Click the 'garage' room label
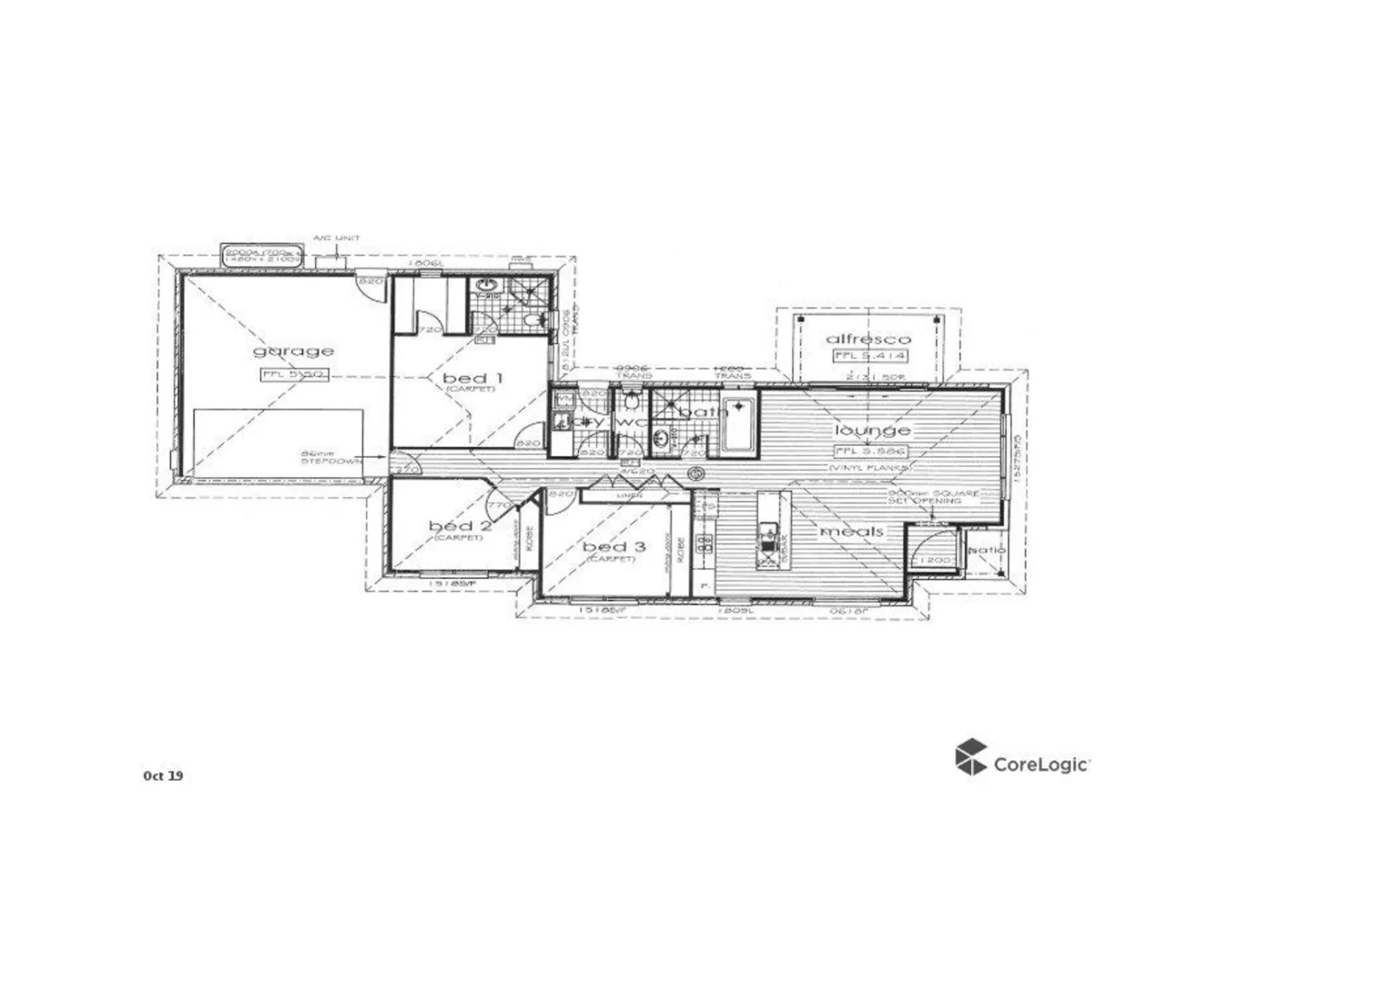click(293, 351)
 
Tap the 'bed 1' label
click(472, 377)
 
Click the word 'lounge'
click(872, 430)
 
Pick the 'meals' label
click(852, 532)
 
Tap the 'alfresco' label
click(867, 339)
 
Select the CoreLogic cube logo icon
click(970, 757)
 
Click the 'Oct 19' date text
click(163, 775)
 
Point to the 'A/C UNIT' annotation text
click(336, 238)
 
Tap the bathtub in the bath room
click(738, 425)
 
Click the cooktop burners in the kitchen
click(704, 545)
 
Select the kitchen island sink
click(768, 532)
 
